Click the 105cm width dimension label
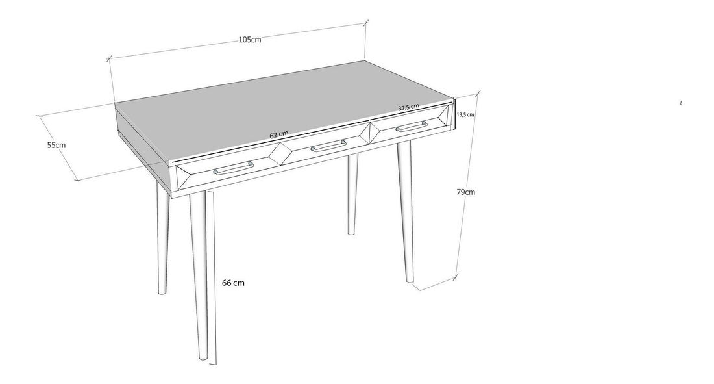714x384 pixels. point(250,39)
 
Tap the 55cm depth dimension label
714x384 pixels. point(56,145)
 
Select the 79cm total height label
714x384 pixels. point(466,192)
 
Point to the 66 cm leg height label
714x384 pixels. point(233,283)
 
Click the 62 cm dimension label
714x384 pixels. point(279,134)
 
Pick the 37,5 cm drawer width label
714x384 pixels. point(408,108)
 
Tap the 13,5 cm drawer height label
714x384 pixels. point(465,114)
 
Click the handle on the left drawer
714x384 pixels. point(233,168)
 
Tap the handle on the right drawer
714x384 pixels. point(412,126)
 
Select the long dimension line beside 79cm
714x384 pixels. point(467,185)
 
